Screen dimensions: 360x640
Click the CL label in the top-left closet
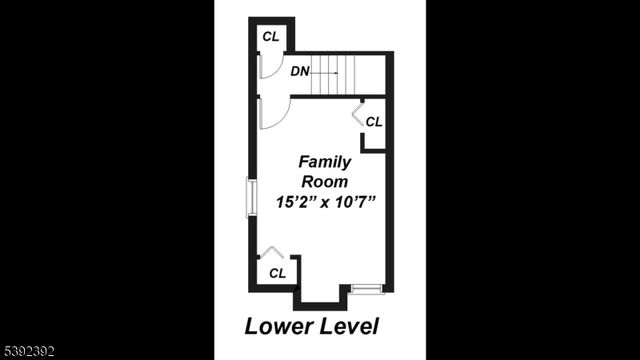click(270, 37)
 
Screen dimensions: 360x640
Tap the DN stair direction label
click(299, 71)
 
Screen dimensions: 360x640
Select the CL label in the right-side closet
click(374, 122)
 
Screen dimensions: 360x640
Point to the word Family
click(323, 162)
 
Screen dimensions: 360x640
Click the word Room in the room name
click(323, 182)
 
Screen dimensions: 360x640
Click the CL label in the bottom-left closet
click(277, 272)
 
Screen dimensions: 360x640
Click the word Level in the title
click(349, 326)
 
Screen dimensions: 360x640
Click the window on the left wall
click(252, 196)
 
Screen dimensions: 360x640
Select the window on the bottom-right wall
click(367, 289)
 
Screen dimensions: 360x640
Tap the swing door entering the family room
click(272, 113)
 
